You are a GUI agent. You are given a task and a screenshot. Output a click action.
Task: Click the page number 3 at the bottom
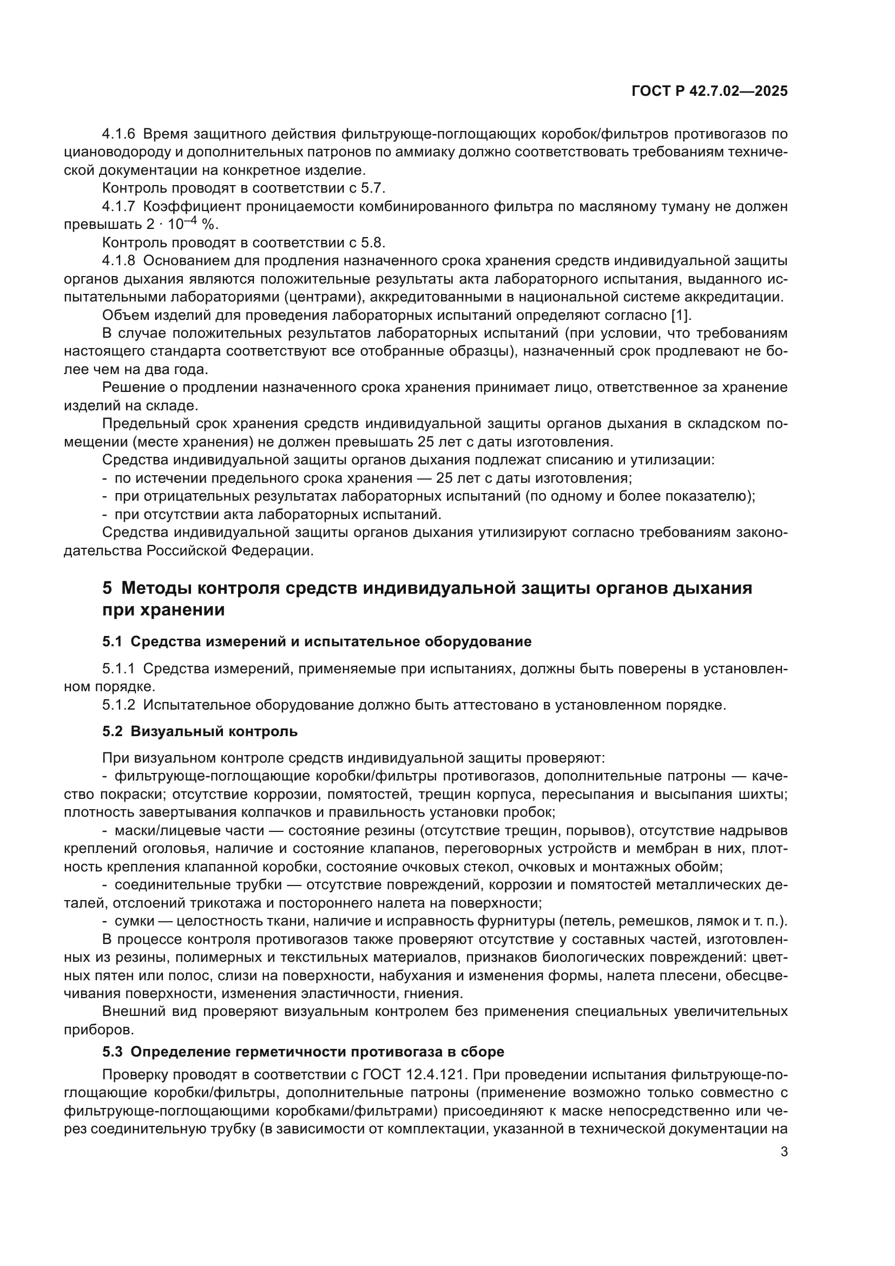point(784,1152)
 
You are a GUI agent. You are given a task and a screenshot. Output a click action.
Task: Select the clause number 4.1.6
point(119,134)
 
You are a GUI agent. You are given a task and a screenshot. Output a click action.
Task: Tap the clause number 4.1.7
point(119,207)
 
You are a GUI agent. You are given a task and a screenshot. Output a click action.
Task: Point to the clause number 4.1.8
point(119,261)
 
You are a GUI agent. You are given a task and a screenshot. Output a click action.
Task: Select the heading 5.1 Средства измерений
point(317,641)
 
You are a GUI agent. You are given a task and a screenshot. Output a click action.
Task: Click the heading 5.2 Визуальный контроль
point(200,732)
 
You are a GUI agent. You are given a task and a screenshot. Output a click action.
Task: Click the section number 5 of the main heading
point(107,588)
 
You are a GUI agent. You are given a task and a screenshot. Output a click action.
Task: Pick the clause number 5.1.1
point(119,669)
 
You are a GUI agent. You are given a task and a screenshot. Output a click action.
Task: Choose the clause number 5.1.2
point(119,705)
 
